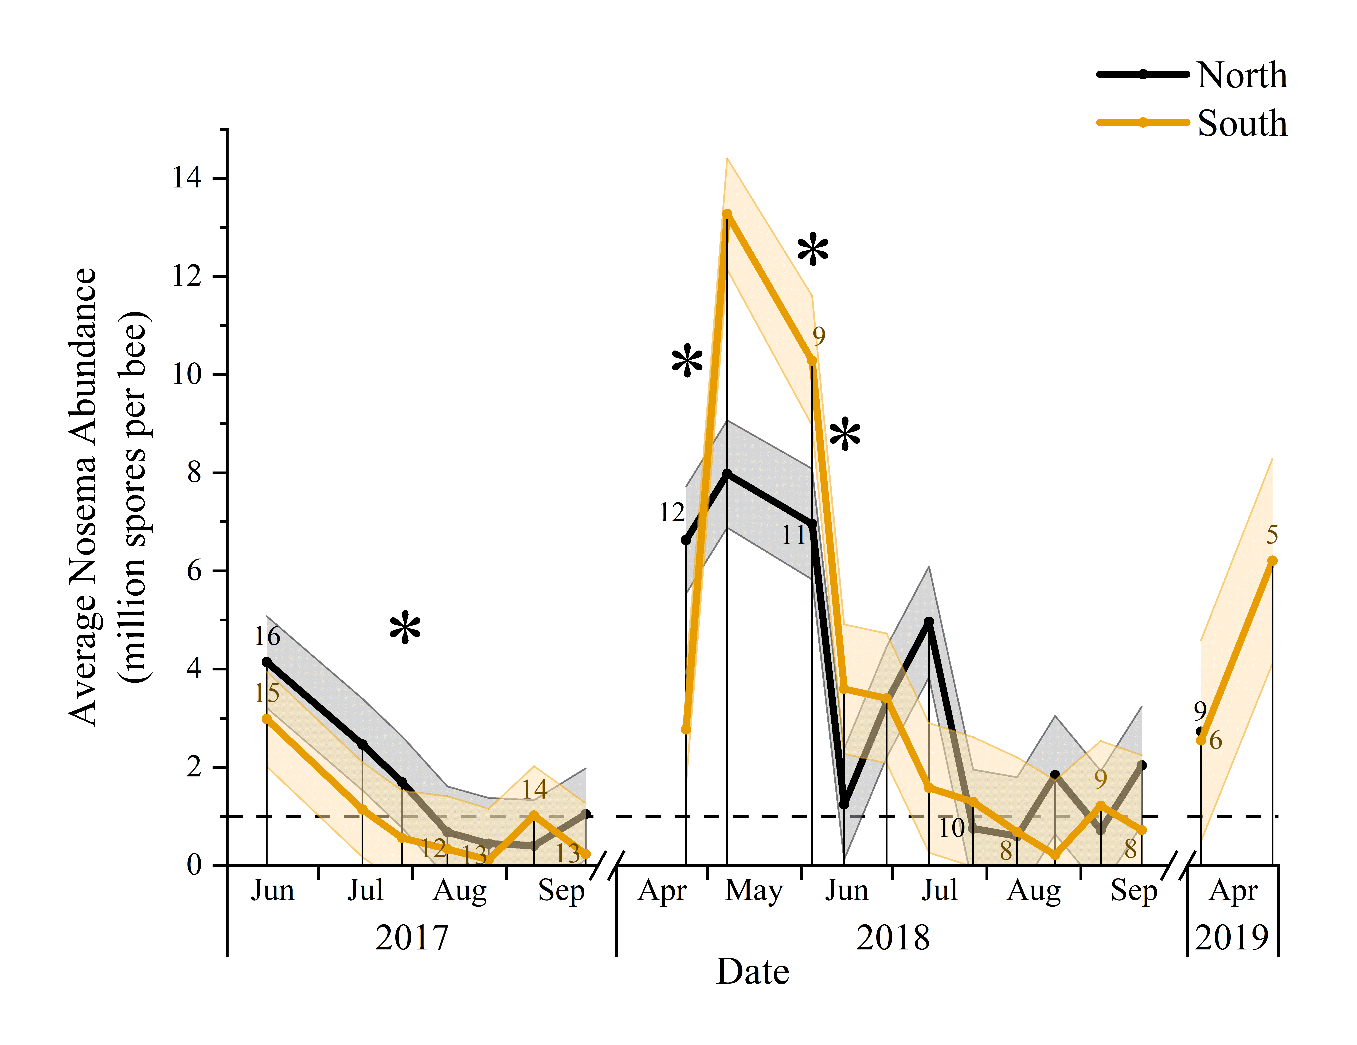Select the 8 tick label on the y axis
pos(194,473)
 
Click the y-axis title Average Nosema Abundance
pos(84,497)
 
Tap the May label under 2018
pos(754,891)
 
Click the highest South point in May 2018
pos(727,214)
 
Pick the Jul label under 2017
pos(365,891)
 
